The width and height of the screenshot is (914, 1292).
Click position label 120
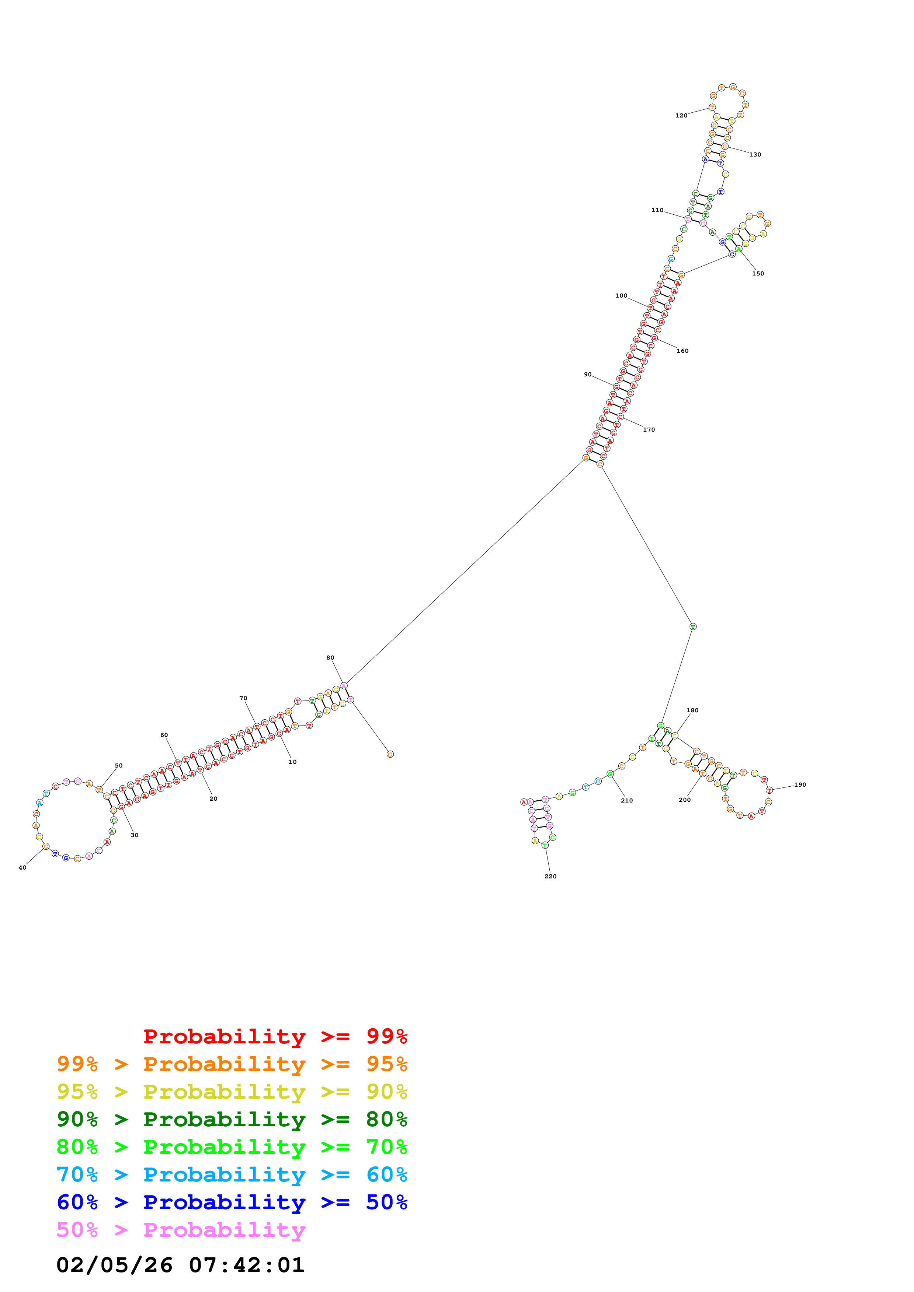tap(681, 115)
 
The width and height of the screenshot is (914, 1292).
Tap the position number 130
tap(755, 154)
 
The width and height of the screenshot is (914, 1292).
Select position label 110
tap(657, 210)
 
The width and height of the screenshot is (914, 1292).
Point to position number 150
tap(758, 274)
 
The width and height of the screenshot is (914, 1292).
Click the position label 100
tap(621, 295)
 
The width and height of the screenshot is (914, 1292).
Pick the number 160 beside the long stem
tap(682, 351)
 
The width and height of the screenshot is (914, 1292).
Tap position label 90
tap(587, 374)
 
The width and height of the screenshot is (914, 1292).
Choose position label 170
tap(649, 429)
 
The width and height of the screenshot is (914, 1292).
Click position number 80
tap(330, 657)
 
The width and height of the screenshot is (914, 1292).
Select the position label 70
tap(243, 698)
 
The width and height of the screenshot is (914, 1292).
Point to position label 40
tap(22, 867)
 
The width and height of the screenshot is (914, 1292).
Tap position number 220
tap(550, 876)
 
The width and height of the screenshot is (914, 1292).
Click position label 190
tap(800, 784)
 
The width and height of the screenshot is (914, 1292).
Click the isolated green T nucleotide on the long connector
tap(693, 626)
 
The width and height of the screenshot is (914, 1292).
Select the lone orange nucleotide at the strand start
tap(390, 754)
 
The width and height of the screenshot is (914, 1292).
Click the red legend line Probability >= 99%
tap(275, 1036)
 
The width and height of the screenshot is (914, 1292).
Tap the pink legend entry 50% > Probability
tap(181, 1229)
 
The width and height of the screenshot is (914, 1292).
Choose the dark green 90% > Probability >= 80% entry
tap(232, 1119)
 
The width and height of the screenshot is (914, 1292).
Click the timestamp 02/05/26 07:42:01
tap(180, 1265)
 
